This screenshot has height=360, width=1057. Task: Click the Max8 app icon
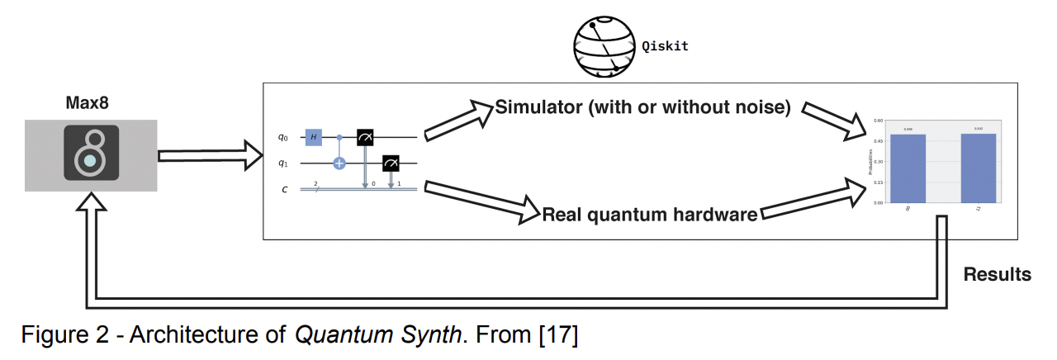pos(91,154)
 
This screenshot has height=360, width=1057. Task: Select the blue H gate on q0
pos(314,136)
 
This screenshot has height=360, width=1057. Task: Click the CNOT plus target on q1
pos(339,163)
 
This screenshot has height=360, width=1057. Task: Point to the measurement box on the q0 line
pos(365,136)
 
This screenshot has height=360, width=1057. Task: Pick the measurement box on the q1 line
pos(391,163)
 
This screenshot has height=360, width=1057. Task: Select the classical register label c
pos(285,189)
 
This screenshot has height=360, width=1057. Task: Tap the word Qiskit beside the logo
pos(665,46)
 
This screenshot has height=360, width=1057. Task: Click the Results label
pos(997,275)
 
